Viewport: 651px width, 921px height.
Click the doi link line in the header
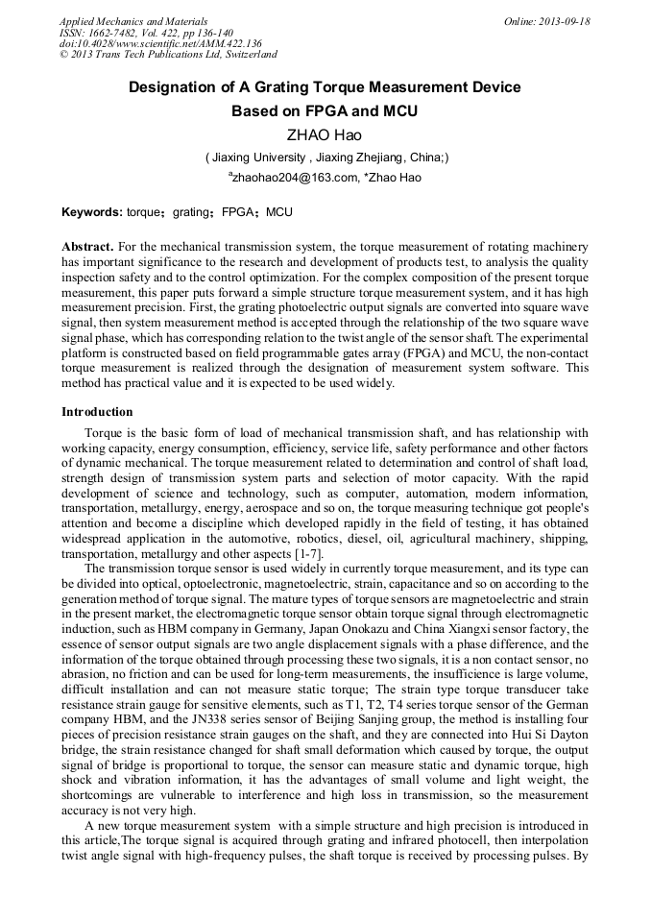tap(160, 44)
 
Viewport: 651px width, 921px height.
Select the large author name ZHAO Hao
tap(325, 134)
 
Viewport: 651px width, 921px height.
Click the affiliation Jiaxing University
tap(256, 157)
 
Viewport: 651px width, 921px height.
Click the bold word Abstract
tap(87, 247)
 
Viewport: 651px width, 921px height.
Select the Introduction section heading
tap(97, 412)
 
